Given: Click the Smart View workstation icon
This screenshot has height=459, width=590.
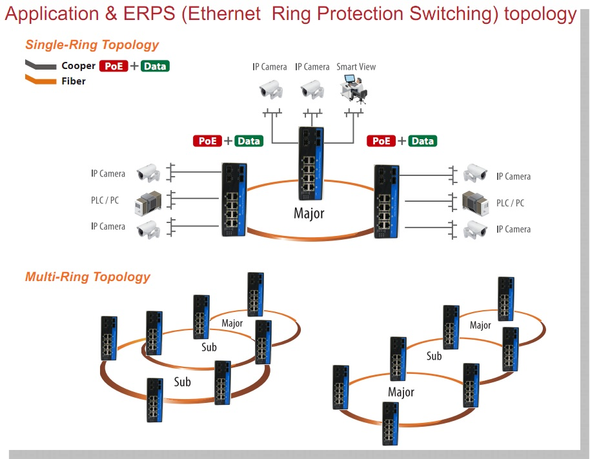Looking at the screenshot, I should [x=353, y=88].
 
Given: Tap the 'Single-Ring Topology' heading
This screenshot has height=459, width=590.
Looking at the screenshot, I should [x=92, y=45].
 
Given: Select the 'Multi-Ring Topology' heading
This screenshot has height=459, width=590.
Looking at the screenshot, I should [x=87, y=277].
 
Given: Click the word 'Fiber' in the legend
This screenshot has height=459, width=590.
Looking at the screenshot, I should [x=74, y=81].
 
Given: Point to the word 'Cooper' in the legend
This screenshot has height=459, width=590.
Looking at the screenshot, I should [x=78, y=66].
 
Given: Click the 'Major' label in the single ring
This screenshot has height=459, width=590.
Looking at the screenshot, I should [x=309, y=213].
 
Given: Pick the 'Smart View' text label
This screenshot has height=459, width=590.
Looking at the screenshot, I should [x=356, y=67].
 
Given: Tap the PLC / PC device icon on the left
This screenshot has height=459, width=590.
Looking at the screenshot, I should [x=147, y=201].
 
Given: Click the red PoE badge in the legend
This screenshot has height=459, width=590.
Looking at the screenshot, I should [x=114, y=66].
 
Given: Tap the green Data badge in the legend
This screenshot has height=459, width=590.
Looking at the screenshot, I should [x=155, y=66].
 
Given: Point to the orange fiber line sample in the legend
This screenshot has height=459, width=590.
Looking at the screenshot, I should [x=40, y=81].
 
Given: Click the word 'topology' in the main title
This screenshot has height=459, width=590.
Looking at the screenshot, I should [x=540, y=14].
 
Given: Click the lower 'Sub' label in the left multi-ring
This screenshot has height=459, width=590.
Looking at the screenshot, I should [x=182, y=382].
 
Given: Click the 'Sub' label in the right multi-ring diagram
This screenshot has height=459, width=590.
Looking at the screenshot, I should [x=434, y=356].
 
